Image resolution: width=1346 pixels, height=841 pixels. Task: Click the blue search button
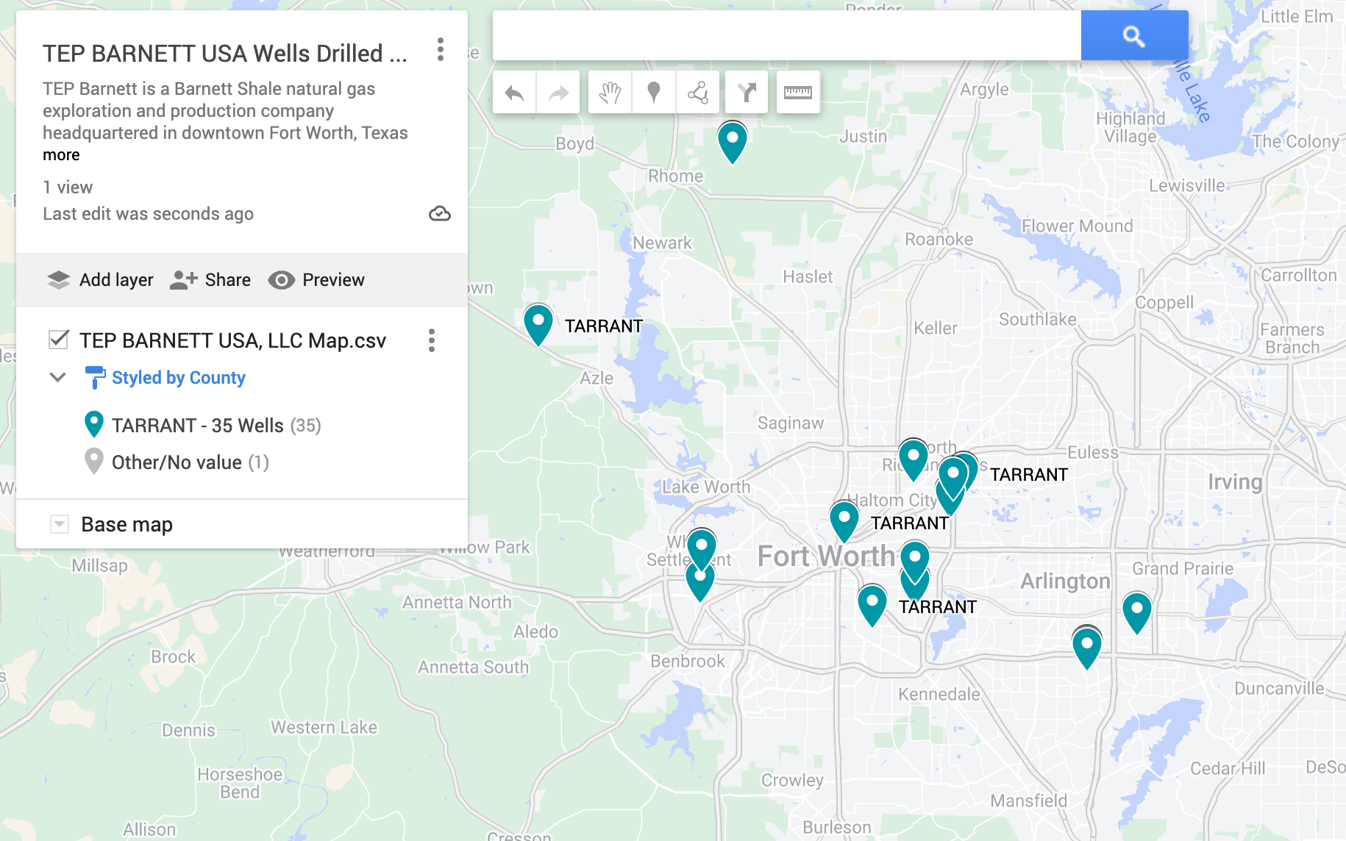pyautogui.click(x=1133, y=35)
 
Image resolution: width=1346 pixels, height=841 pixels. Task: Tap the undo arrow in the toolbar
pyautogui.click(x=514, y=93)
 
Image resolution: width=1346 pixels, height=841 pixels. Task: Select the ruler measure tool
pyautogui.click(x=797, y=93)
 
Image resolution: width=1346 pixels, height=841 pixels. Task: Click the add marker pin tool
pyautogui.click(x=653, y=93)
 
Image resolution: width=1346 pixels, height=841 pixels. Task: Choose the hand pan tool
pyautogui.click(x=610, y=93)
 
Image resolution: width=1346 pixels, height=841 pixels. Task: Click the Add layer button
pyautogui.click(x=100, y=280)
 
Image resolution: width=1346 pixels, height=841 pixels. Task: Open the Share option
pyautogui.click(x=210, y=280)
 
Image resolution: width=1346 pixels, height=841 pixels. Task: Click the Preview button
pyautogui.click(x=316, y=280)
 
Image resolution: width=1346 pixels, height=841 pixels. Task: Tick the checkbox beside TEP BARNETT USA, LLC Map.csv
pyautogui.click(x=59, y=340)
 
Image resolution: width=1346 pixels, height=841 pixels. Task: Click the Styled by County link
pyautogui.click(x=178, y=378)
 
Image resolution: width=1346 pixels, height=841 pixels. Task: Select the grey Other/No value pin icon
pyautogui.click(x=94, y=462)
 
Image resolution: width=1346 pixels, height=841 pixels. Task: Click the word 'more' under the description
pyautogui.click(x=61, y=155)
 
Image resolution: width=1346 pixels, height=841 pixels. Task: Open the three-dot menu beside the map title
pyautogui.click(x=440, y=50)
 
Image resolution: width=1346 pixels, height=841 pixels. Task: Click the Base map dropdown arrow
pyautogui.click(x=60, y=524)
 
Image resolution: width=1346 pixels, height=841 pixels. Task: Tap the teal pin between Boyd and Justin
pyautogui.click(x=732, y=140)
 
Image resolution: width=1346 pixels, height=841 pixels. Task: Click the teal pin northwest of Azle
pyautogui.click(x=538, y=323)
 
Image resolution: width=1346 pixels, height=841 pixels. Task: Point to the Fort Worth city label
pyautogui.click(x=826, y=557)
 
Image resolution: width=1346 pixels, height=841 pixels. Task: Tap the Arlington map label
pyautogui.click(x=1064, y=581)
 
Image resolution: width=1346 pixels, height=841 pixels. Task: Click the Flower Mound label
pyautogui.click(x=1077, y=226)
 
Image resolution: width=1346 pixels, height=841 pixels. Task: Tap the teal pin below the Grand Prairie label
pyautogui.click(x=1136, y=611)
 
